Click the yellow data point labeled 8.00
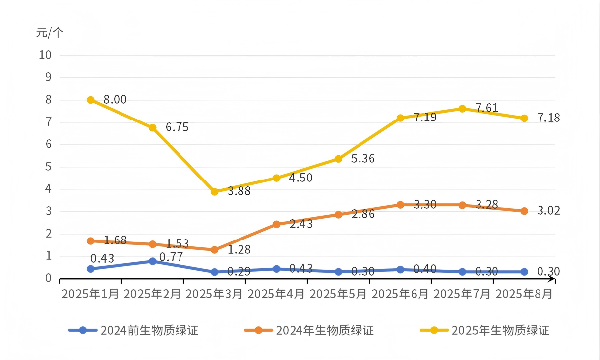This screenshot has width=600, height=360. point(91,100)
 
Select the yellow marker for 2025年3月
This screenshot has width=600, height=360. point(214,192)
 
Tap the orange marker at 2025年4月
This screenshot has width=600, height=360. point(276,224)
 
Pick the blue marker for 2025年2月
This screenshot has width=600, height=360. point(153,261)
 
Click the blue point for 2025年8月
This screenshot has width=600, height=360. point(524,272)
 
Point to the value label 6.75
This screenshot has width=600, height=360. point(177,127)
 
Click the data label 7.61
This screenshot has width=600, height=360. point(486,108)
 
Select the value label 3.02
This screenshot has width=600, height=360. point(548,211)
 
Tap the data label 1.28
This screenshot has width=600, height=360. point(239,249)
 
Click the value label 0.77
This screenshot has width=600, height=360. point(172,257)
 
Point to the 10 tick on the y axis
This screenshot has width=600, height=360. point(45,55)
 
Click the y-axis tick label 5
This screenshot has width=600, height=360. point(49,167)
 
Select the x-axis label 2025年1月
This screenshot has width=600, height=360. point(90,294)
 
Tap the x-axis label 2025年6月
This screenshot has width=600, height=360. point(400,294)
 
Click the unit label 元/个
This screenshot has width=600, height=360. point(50,33)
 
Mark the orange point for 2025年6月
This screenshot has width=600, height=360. point(400,205)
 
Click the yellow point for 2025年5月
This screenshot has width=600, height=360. point(338,159)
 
